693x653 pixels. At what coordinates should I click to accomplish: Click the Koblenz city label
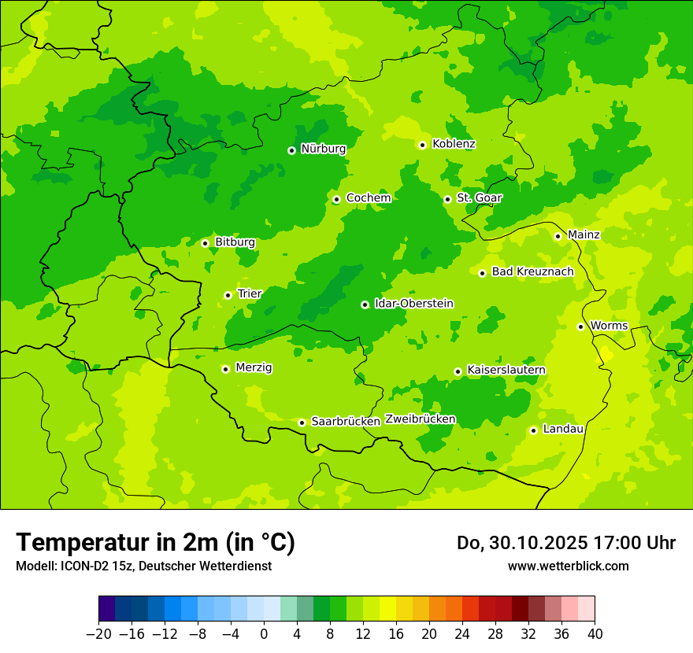pyautogui.click(x=454, y=144)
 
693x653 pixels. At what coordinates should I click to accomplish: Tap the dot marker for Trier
pyautogui.click(x=228, y=295)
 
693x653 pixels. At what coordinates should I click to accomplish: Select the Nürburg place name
pyautogui.click(x=323, y=149)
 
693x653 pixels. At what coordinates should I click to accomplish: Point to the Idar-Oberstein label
pyautogui.click(x=413, y=304)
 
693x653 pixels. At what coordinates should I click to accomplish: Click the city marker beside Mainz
pyautogui.click(x=558, y=236)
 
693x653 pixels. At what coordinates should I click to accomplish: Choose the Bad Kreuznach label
pyautogui.click(x=532, y=272)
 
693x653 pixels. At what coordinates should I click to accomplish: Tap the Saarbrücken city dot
pyautogui.click(x=302, y=422)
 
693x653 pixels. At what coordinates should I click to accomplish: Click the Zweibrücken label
pyautogui.click(x=420, y=419)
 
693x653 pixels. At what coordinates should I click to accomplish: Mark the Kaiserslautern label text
pyautogui.click(x=506, y=371)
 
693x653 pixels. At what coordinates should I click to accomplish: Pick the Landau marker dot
pyautogui.click(x=533, y=430)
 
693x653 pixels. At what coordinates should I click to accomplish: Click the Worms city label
pyautogui.click(x=609, y=326)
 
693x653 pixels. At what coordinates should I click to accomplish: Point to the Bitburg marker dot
pyautogui.click(x=205, y=243)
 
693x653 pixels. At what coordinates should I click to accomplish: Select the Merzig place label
pyautogui.click(x=254, y=368)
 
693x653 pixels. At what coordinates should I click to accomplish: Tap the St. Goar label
pyautogui.click(x=479, y=198)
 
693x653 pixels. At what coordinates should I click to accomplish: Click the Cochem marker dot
pyautogui.click(x=336, y=199)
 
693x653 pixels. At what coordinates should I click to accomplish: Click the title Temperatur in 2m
pyautogui.click(x=155, y=542)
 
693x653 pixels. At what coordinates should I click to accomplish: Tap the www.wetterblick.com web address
pyautogui.click(x=568, y=566)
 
